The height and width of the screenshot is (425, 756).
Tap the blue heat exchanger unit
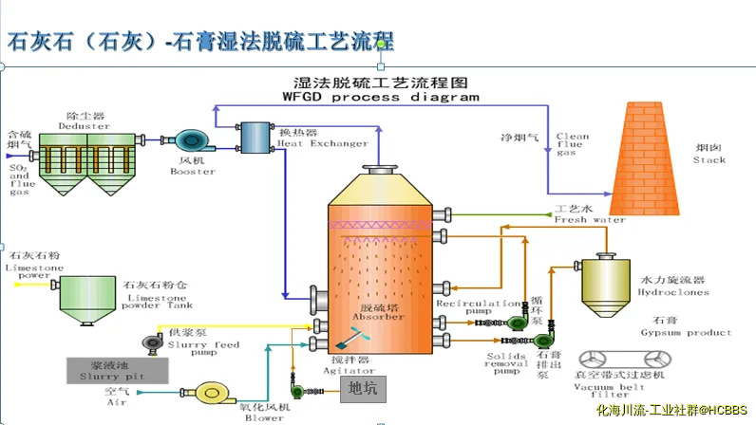pos(255,138)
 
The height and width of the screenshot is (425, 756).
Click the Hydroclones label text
pos(675,292)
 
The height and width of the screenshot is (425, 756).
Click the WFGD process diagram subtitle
pos(380,97)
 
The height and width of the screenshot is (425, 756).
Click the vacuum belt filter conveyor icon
pos(621,360)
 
